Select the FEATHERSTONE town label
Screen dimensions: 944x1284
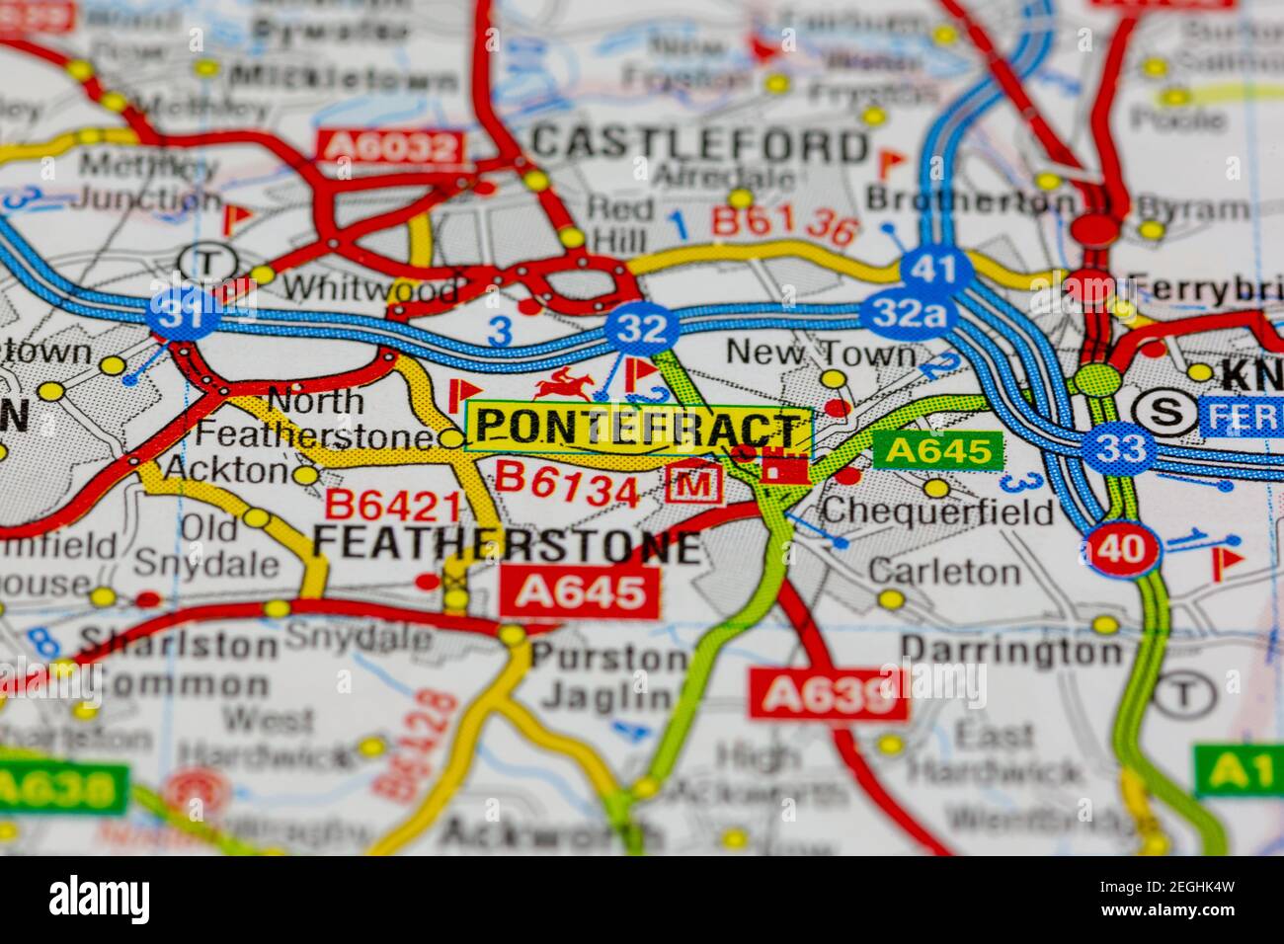(x=507, y=545)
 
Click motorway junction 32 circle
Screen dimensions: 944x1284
(x=642, y=327)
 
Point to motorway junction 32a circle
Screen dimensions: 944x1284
(x=908, y=314)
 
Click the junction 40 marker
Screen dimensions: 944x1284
(x=1123, y=549)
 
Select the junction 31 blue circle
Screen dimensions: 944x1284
(x=183, y=314)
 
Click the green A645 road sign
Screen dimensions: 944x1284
(x=937, y=451)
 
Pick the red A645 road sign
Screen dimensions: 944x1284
(x=579, y=591)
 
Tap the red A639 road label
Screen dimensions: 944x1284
(x=828, y=695)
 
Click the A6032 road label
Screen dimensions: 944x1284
(x=392, y=147)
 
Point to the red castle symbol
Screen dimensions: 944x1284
(x=785, y=465)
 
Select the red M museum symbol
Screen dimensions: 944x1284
(x=696, y=483)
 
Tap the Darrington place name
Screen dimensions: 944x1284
(x=1011, y=651)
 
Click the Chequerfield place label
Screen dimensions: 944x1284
(x=936, y=511)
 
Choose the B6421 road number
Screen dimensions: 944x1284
(x=393, y=506)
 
